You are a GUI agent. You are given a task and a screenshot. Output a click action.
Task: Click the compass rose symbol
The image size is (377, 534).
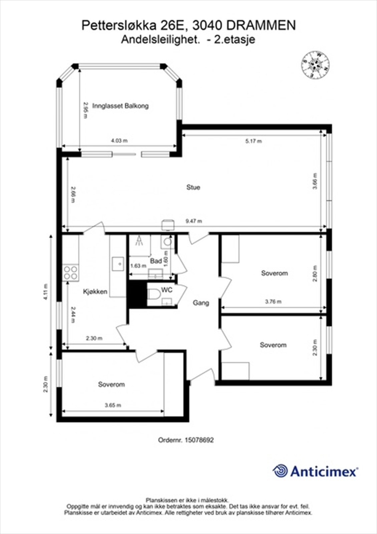[315, 65]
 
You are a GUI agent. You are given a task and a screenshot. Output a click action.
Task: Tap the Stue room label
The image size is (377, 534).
[193, 187]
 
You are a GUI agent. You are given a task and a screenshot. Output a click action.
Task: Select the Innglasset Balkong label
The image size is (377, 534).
[120, 106]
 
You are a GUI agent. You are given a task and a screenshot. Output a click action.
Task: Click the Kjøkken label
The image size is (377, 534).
[95, 292]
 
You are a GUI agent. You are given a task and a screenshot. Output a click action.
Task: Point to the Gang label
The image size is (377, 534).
[201, 303]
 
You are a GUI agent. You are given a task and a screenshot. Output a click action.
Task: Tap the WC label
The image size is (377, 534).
[167, 290]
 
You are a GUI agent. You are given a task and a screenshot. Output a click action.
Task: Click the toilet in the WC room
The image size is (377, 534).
[154, 295]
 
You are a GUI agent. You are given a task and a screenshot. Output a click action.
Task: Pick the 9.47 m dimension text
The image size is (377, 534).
[194, 221]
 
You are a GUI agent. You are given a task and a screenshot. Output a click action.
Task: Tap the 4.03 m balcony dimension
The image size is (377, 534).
[119, 141]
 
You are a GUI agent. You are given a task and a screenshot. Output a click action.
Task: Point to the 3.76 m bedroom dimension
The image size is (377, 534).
[273, 302]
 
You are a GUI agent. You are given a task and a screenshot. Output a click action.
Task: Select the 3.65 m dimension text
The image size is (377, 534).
[113, 406]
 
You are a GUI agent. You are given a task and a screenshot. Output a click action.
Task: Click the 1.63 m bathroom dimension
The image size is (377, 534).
[138, 266]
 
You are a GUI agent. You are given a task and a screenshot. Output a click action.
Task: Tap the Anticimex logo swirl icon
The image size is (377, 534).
[280, 471]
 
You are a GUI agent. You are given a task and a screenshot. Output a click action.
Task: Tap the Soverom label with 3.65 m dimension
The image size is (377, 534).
[111, 384]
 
